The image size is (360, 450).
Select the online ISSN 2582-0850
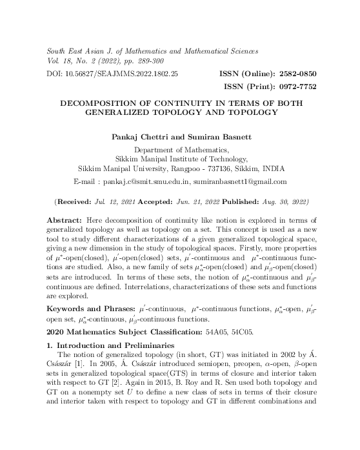click(x=290, y=75)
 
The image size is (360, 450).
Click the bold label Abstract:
click(x=66, y=221)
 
